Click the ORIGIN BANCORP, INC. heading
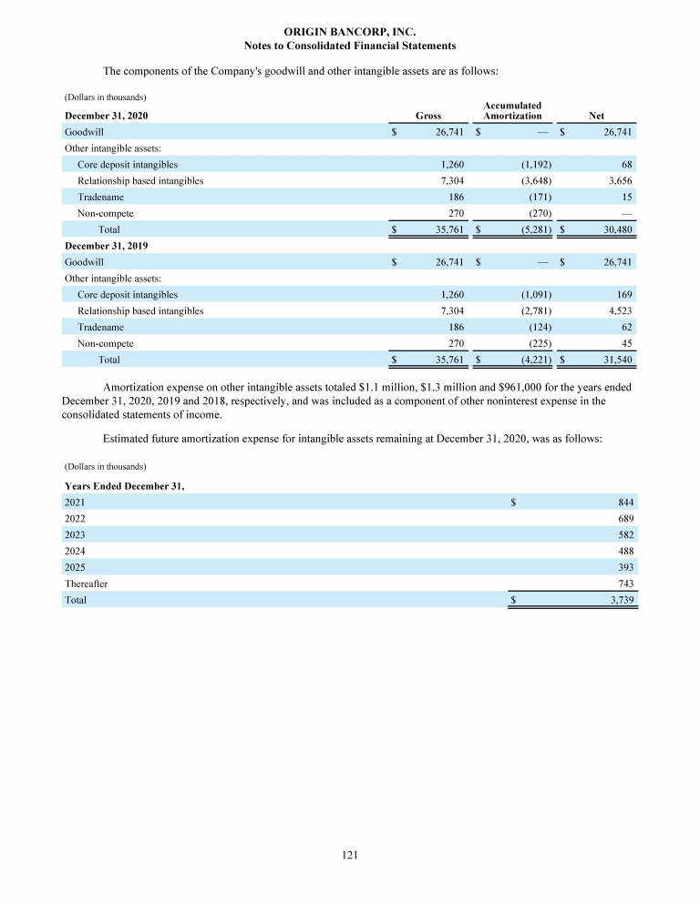click(350, 32)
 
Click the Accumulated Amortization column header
click(512, 111)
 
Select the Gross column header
click(428, 116)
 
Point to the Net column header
click(597, 116)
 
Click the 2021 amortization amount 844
click(625, 503)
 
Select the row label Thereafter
click(86, 584)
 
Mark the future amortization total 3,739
click(620, 601)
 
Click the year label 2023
click(76, 535)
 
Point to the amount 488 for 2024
click(625, 552)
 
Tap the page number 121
click(350, 855)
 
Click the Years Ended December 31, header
click(124, 486)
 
